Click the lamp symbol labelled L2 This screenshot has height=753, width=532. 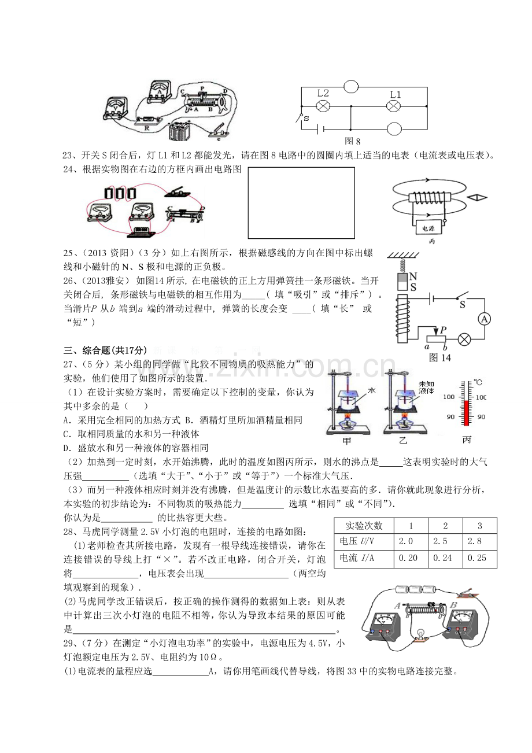[323, 106]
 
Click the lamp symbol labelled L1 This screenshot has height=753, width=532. [393, 106]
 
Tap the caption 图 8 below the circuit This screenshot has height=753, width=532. [352, 141]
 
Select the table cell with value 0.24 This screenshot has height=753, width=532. [442, 558]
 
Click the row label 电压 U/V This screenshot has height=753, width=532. [357, 541]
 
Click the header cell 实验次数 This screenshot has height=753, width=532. [364, 525]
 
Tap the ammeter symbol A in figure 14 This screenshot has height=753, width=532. [484, 319]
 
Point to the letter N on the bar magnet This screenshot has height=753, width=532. [413, 276]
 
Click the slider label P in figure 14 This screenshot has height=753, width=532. [443, 330]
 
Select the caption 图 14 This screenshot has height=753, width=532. [440, 357]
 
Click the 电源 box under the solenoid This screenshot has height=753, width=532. [429, 228]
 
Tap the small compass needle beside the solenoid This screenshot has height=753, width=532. [476, 198]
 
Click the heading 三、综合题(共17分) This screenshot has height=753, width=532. [105, 350]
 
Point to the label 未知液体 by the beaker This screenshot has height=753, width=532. [426, 387]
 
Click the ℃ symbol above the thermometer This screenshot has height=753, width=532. [478, 382]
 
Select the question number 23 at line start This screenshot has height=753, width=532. [68, 155]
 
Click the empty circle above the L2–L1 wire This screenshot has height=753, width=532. [351, 87]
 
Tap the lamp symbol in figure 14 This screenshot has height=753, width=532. [464, 339]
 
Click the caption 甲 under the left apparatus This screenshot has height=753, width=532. [346, 440]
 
